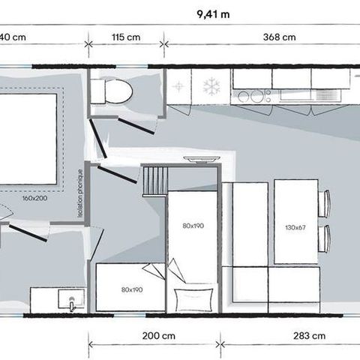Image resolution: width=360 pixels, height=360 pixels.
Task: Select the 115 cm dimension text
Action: click(125, 37)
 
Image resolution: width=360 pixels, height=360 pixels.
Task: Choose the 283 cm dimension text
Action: click(310, 334)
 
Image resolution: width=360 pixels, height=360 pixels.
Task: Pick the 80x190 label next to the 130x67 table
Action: click(193, 224)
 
